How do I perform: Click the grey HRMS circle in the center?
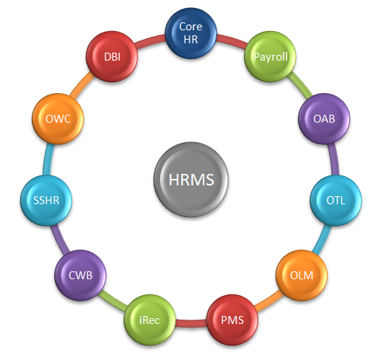[x=191, y=180]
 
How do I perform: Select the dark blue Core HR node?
[x=191, y=33]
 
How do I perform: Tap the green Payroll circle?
[x=271, y=56]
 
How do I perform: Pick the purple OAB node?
[x=324, y=119]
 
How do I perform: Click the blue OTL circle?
[x=336, y=201]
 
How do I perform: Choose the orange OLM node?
[x=302, y=275]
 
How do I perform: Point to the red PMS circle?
[x=232, y=320]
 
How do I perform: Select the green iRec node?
[x=149, y=320]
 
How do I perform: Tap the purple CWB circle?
[x=80, y=275]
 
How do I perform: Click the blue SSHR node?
[x=46, y=201]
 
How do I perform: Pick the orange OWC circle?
[x=58, y=119]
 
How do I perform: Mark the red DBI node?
[x=112, y=56]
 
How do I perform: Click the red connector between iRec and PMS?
[x=191, y=323]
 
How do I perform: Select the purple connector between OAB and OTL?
[x=334, y=159]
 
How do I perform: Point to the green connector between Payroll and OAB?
[x=300, y=84]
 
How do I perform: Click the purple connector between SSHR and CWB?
[x=60, y=240]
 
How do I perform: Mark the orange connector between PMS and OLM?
[x=269, y=300]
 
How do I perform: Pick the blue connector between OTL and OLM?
[x=322, y=240]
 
